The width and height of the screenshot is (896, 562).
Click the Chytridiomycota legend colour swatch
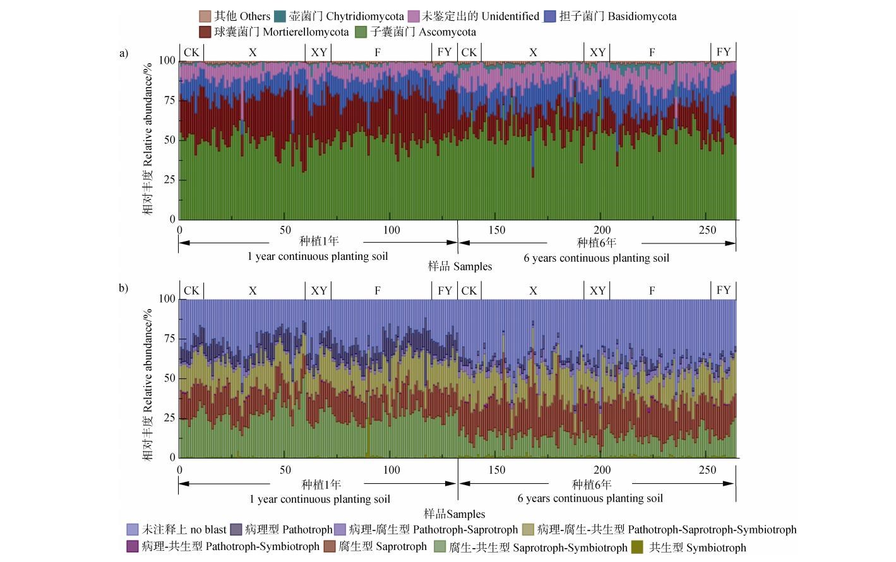coord(280,16)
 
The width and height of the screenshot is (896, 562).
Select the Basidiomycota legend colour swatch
coord(549,16)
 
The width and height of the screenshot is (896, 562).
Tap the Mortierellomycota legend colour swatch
coord(205,32)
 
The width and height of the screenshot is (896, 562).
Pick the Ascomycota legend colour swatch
coord(361,32)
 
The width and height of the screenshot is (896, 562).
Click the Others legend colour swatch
coord(205,16)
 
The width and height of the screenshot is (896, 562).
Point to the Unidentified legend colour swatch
coord(414,16)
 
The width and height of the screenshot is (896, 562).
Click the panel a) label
coord(124,53)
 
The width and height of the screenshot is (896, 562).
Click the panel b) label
coord(124,288)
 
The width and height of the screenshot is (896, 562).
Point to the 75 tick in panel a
coord(167,100)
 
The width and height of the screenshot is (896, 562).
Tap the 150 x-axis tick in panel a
coord(496,230)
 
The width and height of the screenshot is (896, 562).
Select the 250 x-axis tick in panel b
coord(707,469)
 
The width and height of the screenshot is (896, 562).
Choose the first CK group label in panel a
coord(191,52)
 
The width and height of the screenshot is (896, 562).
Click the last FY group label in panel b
coord(724,290)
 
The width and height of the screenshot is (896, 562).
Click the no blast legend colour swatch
coord(133,530)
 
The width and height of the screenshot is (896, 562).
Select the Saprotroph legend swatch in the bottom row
coord(330,547)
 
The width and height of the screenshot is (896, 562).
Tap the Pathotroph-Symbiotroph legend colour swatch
coord(133,547)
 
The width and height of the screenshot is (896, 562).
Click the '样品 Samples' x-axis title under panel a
coord(460,266)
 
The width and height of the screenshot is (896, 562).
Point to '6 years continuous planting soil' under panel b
coord(590,498)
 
